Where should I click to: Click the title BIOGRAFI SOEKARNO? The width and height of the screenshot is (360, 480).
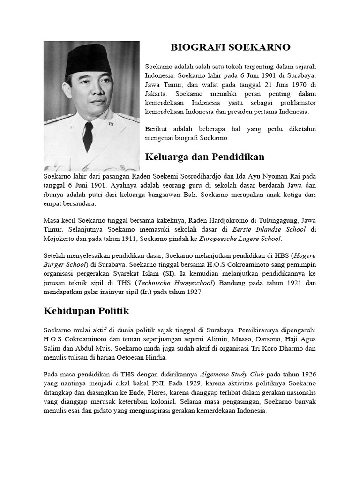point(230,47)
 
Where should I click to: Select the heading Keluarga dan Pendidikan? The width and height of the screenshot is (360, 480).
point(205,157)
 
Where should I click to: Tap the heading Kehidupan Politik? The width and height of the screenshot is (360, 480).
point(86,311)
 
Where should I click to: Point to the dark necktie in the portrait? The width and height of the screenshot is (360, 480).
point(88,136)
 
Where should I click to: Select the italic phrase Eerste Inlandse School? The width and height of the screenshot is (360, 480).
point(269,229)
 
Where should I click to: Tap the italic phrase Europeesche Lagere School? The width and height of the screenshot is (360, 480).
point(240,239)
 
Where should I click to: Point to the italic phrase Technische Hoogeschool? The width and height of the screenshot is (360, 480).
point(174,283)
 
